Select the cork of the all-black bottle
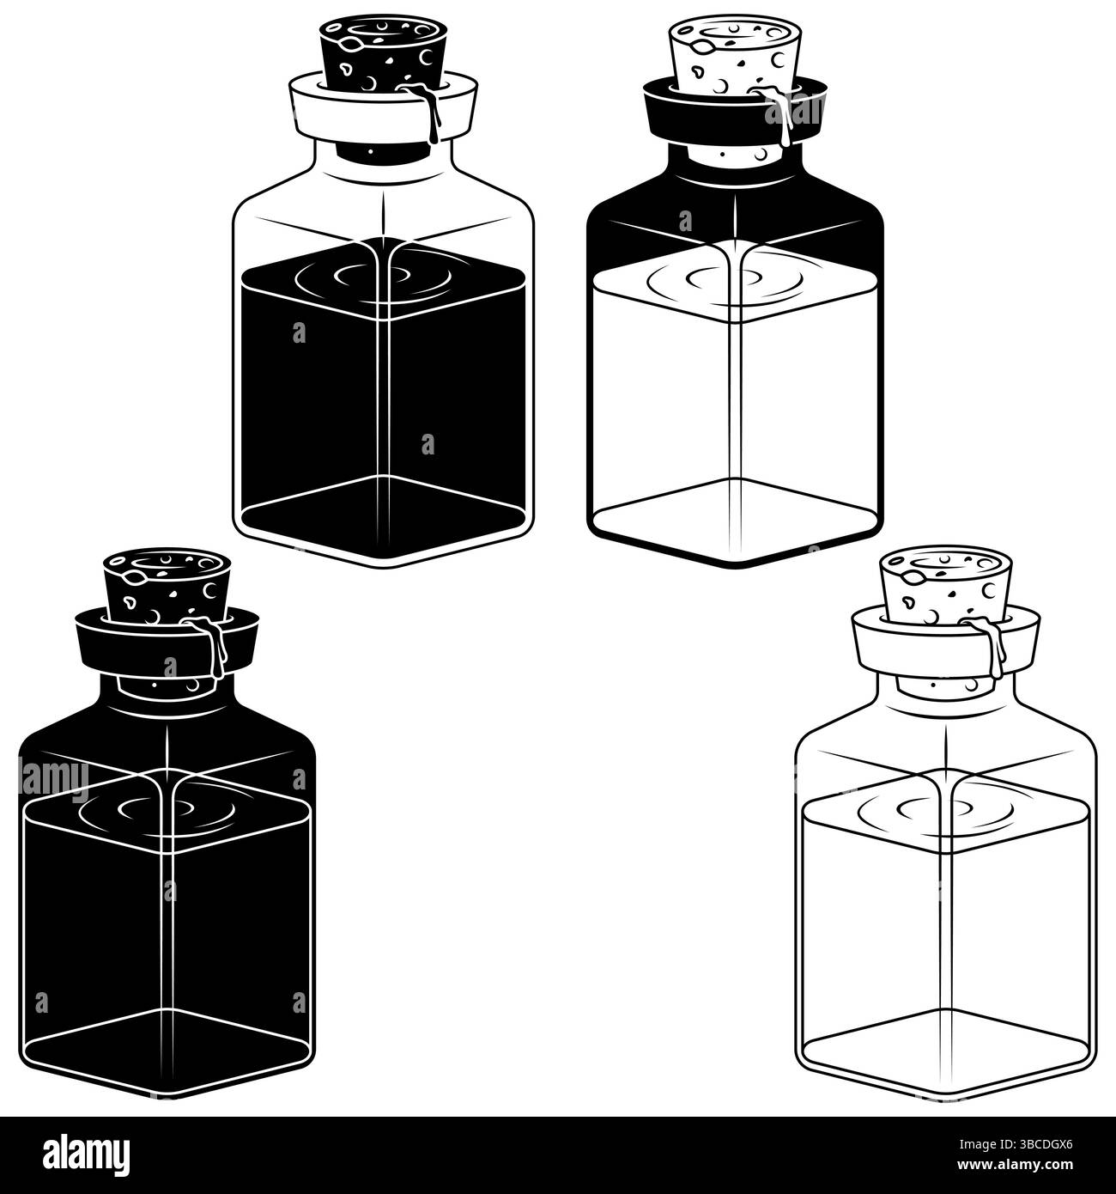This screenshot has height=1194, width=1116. (x=167, y=585)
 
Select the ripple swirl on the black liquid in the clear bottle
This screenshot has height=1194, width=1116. (x=373, y=277)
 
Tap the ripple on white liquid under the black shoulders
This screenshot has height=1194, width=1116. (x=725, y=277)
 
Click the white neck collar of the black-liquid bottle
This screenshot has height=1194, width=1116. (x=383, y=108)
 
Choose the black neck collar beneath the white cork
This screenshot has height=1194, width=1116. (x=734, y=110)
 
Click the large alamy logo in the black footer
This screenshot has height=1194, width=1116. (x=86, y=1154)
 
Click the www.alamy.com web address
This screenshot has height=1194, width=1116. (x=1015, y=1164)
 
